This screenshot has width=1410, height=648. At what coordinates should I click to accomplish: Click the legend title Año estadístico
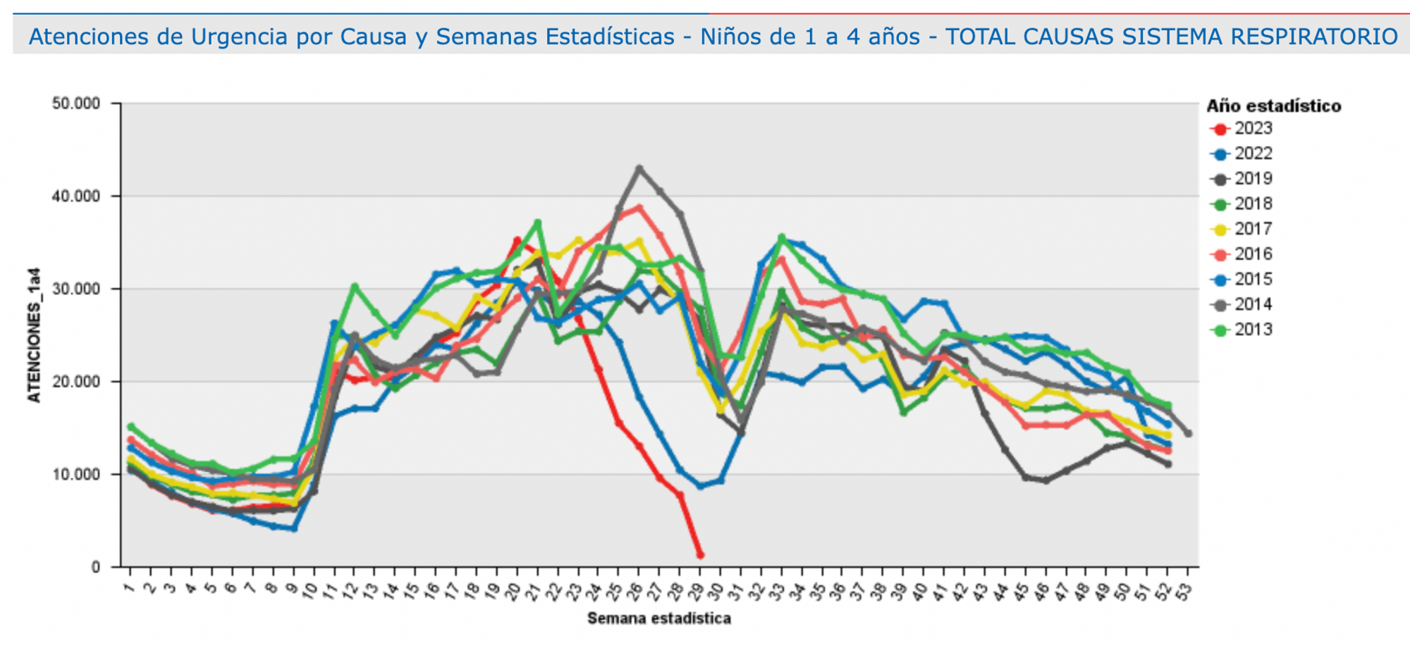tap(1273, 106)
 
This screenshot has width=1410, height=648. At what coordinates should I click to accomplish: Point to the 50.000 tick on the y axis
tap(76, 104)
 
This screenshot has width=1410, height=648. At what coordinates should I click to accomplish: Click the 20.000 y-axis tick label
tap(76, 382)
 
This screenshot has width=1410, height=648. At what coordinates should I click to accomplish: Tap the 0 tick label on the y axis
tap(96, 568)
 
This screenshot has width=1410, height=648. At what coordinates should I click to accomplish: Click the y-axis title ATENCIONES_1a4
tap(34, 335)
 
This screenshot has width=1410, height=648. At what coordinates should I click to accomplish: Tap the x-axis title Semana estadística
tap(658, 618)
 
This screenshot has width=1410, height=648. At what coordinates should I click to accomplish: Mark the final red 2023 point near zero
tap(700, 555)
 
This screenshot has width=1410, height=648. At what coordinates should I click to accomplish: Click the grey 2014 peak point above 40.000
tap(639, 168)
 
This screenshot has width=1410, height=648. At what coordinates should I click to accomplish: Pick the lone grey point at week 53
tap(1188, 433)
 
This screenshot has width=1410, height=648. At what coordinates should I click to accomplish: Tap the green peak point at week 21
tap(537, 223)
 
